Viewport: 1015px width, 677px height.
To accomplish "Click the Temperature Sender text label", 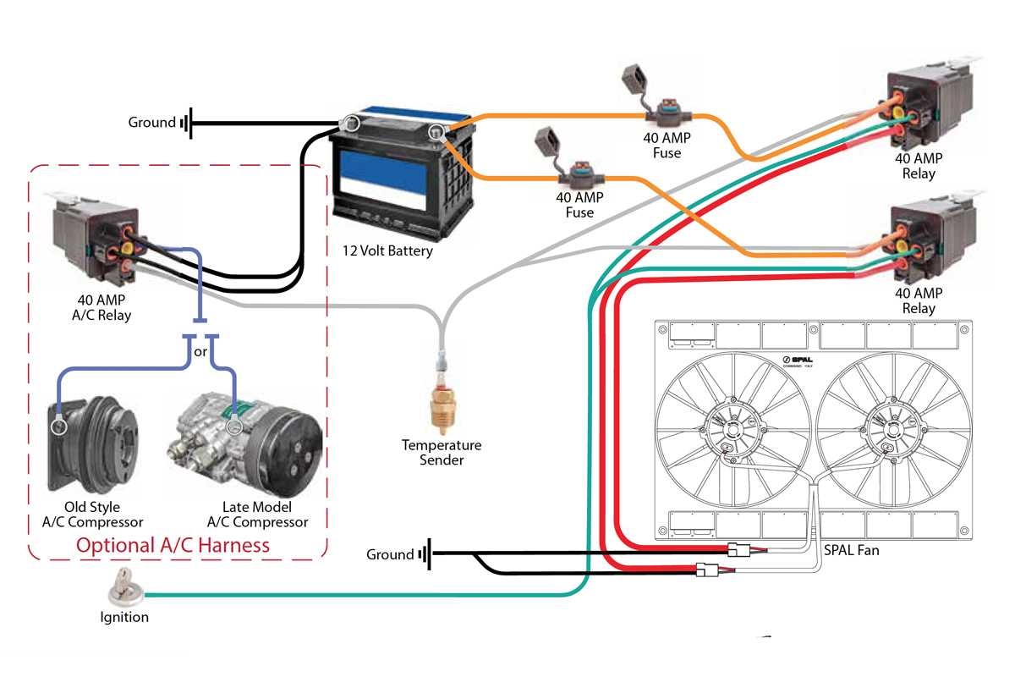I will click(442, 453).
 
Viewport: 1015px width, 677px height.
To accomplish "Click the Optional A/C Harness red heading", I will click(173, 545).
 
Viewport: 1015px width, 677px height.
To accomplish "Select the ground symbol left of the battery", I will click(186, 123).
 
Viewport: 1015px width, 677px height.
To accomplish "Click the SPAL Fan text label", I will click(851, 550).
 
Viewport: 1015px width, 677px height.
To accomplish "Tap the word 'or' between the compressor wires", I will click(201, 350).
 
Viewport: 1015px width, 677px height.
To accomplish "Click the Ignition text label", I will click(124, 617).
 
